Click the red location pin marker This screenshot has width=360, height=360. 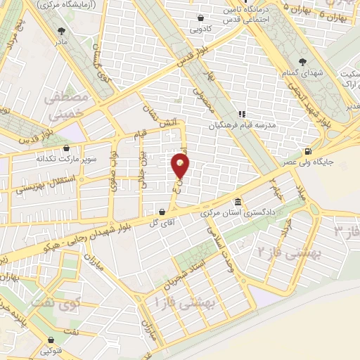(x=181, y=167)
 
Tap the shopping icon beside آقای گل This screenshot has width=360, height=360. (x=162, y=211)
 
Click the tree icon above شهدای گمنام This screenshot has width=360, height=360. (x=302, y=61)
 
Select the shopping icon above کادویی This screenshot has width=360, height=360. (x=201, y=18)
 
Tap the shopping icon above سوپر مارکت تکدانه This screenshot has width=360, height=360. (x=65, y=148)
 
